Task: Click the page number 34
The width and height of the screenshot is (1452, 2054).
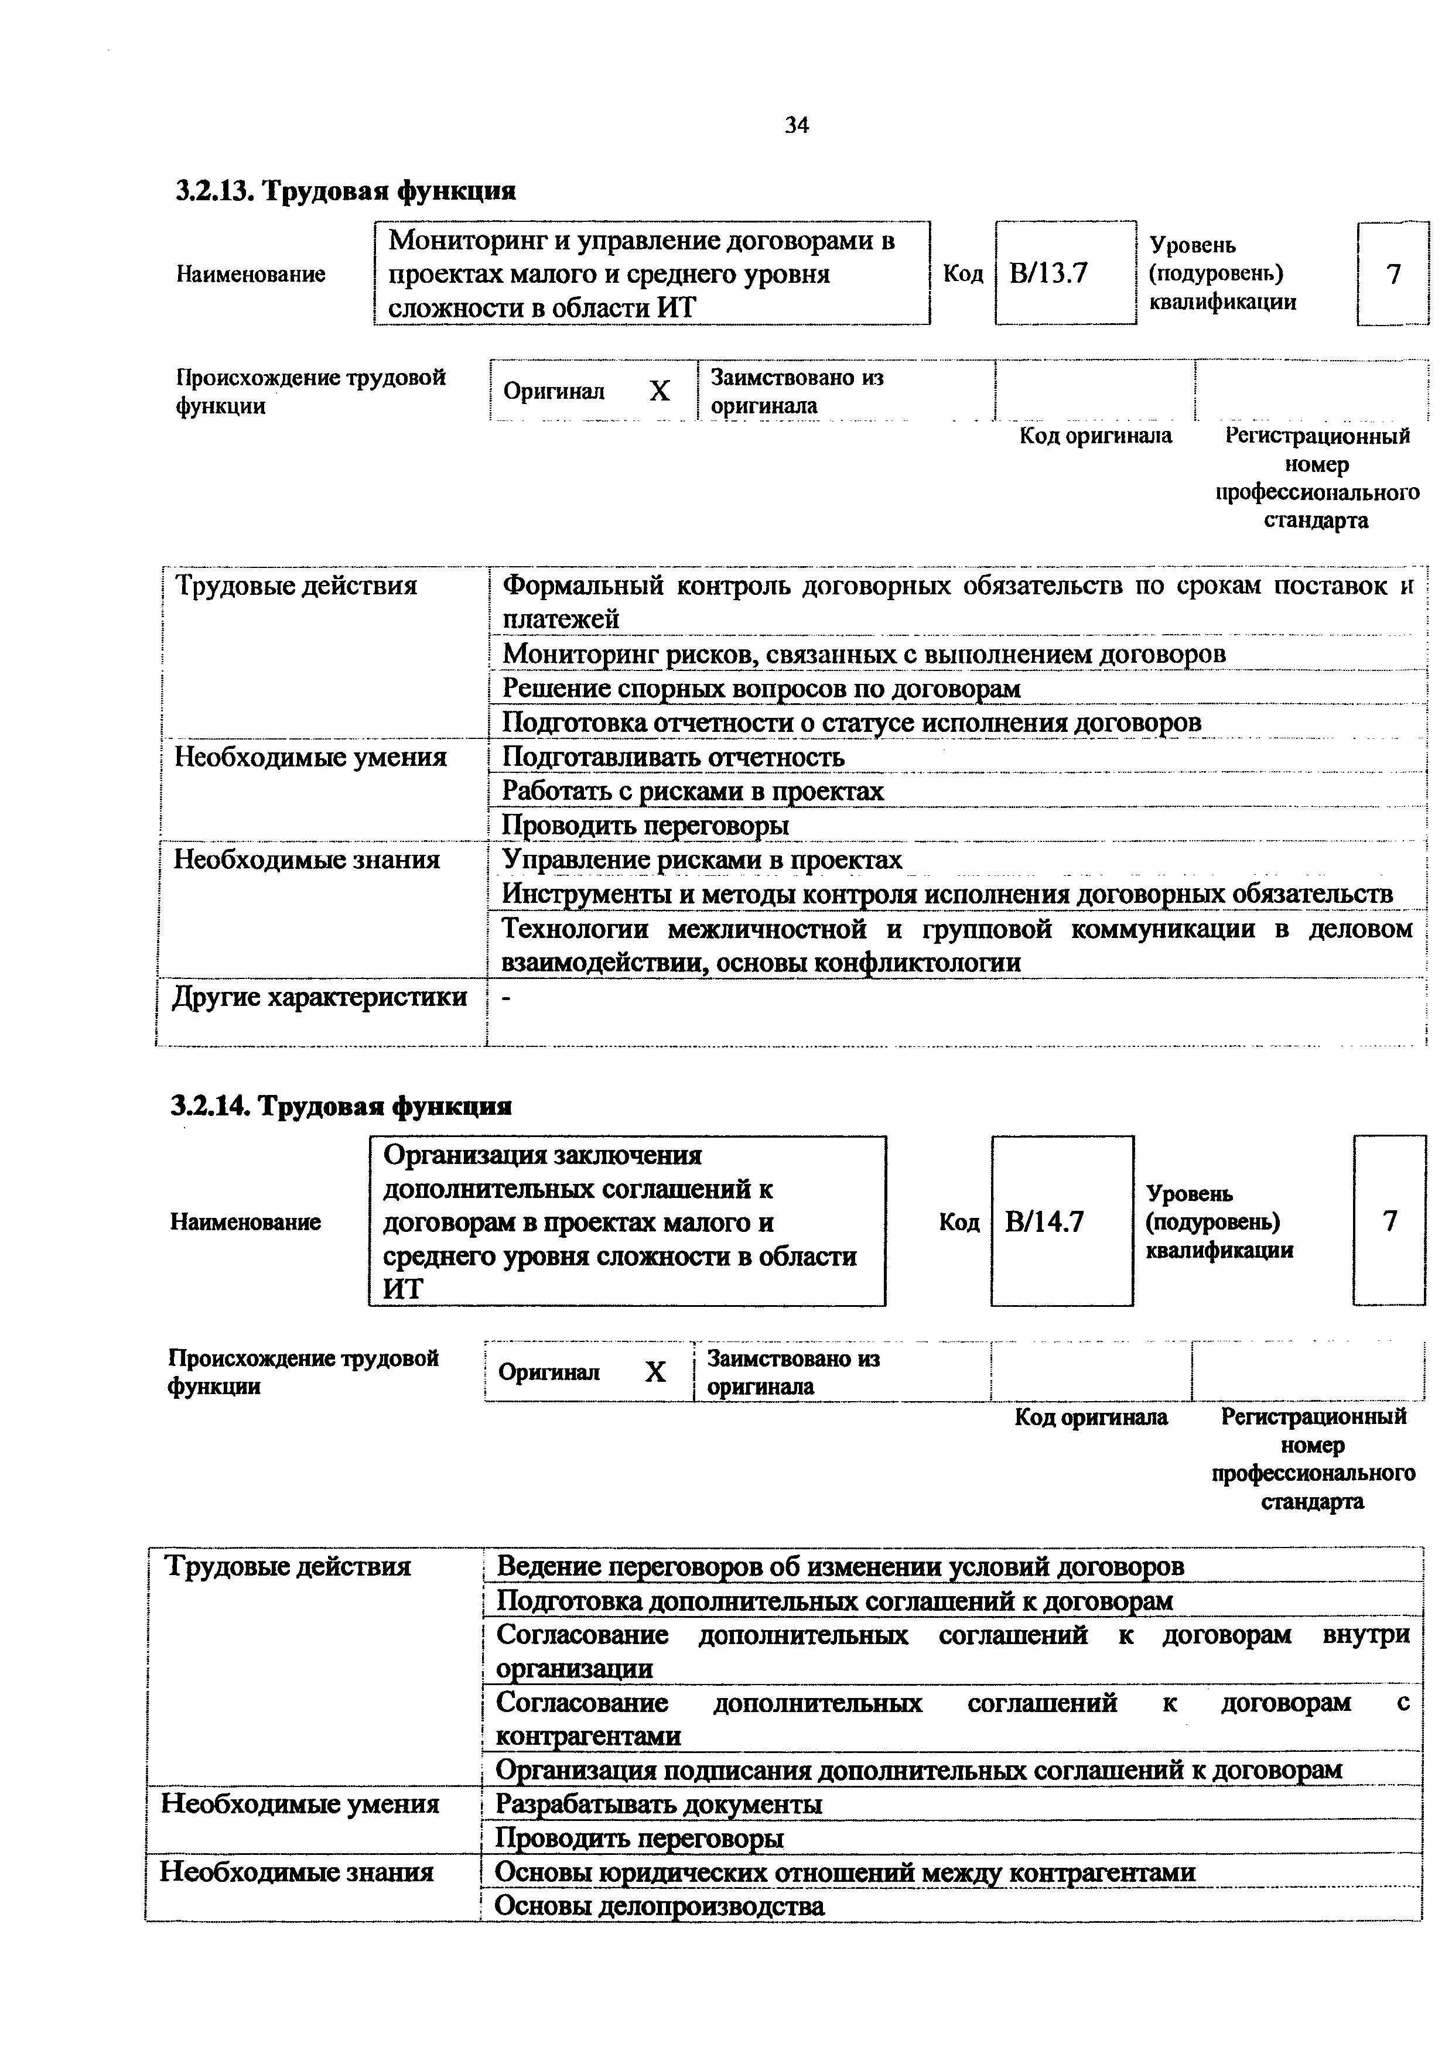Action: click(796, 126)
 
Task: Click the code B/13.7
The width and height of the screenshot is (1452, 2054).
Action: click(1048, 273)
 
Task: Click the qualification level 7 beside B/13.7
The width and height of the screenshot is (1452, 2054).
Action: click(1393, 274)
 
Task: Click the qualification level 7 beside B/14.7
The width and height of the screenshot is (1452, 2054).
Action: click(1389, 1221)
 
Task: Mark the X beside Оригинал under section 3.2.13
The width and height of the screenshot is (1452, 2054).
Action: click(660, 391)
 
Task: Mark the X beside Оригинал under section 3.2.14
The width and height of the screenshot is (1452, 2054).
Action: click(656, 1372)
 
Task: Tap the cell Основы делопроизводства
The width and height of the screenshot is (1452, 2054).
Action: click(660, 1906)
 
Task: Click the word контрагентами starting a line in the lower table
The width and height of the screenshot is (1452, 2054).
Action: click(588, 1737)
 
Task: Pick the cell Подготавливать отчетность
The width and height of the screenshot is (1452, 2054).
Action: click(673, 758)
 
